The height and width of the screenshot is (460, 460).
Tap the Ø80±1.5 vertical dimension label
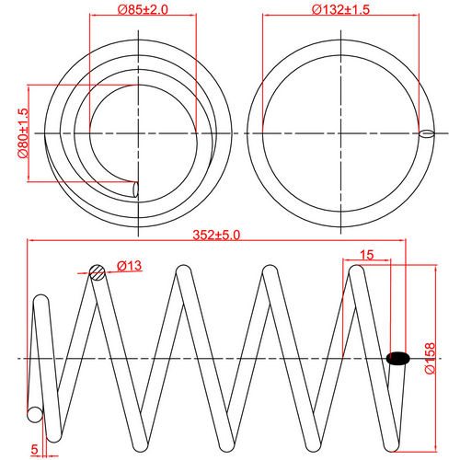click(x=23, y=134)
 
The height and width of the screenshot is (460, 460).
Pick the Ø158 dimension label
click(x=429, y=357)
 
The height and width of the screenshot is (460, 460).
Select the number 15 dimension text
click(x=366, y=254)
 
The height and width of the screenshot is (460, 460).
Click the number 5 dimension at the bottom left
click(x=34, y=449)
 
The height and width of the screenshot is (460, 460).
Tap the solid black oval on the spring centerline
click(x=398, y=358)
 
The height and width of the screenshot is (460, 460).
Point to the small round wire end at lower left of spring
click(x=35, y=415)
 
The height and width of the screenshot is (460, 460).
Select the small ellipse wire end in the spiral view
click(x=136, y=189)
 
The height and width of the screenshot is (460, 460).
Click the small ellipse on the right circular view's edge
click(x=425, y=134)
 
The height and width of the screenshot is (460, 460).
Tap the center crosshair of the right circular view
click(x=339, y=134)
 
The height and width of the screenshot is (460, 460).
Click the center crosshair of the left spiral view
click(x=137, y=134)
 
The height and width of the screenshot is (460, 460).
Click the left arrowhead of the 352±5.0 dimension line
click(x=31, y=241)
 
